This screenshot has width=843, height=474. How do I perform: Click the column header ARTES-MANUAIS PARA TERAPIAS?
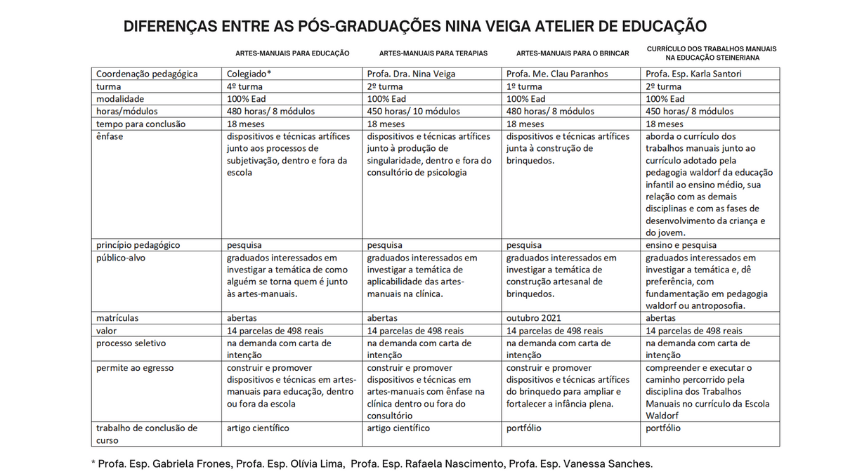click(x=433, y=53)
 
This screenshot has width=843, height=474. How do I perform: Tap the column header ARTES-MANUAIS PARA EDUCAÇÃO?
click(x=292, y=53)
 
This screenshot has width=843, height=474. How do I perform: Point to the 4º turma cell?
click(x=245, y=86)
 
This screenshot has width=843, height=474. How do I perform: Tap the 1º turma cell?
click(x=524, y=86)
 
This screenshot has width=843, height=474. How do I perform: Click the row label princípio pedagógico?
click(x=138, y=245)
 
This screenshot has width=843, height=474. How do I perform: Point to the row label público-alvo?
click(x=122, y=258)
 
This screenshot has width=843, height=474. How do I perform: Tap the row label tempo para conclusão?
click(x=140, y=124)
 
